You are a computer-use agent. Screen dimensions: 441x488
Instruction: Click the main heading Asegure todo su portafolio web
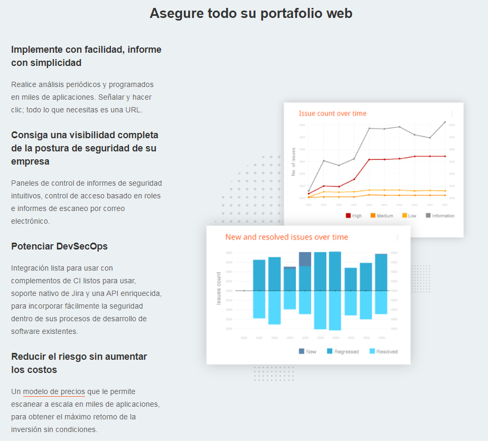[x=251, y=13]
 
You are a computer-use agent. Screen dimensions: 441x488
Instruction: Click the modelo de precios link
[x=54, y=391]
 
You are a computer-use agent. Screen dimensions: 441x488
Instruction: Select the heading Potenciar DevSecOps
[x=59, y=246]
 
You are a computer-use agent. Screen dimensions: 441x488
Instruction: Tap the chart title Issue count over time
[x=332, y=113]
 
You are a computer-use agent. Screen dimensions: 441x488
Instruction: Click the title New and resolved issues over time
[x=286, y=237]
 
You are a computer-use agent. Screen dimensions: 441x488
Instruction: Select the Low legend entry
[x=409, y=216]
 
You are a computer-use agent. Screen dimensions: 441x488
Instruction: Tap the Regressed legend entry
[x=343, y=351]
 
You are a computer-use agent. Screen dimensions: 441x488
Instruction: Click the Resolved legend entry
[x=383, y=351]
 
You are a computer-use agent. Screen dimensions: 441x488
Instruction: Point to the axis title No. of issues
[x=294, y=162]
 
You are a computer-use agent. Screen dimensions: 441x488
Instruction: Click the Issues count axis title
[x=219, y=288]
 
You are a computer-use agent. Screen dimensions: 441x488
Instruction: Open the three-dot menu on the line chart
[x=452, y=114]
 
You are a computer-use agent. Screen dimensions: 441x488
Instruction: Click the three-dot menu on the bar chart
[x=397, y=238]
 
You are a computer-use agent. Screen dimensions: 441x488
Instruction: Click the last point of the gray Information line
[x=445, y=122]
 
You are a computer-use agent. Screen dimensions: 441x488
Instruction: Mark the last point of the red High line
[x=445, y=156]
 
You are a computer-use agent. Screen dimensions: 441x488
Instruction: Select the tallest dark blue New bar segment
[x=305, y=259]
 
